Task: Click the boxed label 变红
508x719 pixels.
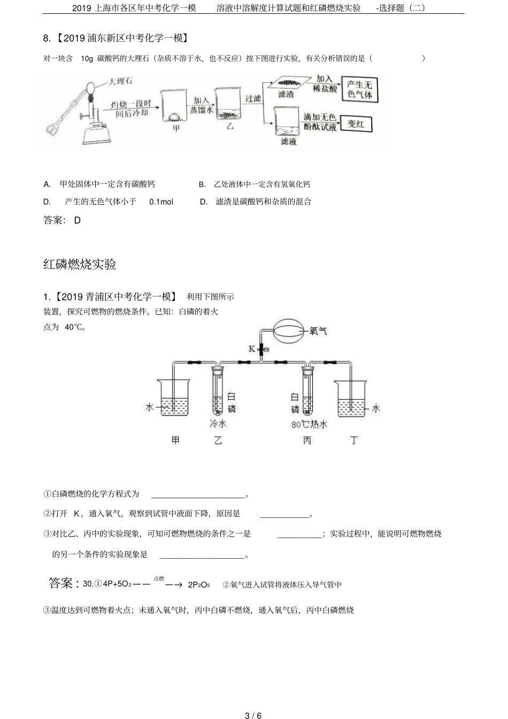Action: (356, 123)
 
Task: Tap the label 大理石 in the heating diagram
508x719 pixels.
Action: (120, 81)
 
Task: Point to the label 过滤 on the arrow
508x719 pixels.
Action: (252, 98)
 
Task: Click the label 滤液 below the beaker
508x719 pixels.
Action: (289, 142)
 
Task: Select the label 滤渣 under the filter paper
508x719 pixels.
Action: (286, 94)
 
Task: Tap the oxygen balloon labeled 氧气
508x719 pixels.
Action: (291, 330)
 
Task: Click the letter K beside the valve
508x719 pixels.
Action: (252, 349)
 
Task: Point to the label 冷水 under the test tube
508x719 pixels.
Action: (218, 424)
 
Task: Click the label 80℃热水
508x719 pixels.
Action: (309, 424)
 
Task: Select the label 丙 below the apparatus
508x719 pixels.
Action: (307, 440)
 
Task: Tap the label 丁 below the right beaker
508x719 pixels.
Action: (353, 440)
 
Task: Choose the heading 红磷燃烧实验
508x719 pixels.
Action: (80, 264)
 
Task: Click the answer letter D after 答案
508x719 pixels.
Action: (78, 220)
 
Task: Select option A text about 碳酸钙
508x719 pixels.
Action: (107, 184)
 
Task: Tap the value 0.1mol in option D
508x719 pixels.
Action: (161, 202)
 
